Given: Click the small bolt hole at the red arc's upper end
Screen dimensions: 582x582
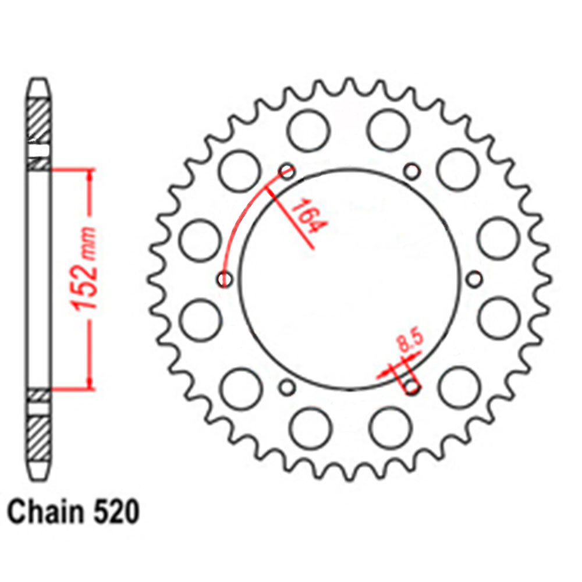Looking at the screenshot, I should tap(287, 171).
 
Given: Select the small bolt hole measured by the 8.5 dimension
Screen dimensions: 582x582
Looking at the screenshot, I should tap(412, 388).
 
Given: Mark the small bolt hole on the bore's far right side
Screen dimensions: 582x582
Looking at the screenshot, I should tap(475, 279).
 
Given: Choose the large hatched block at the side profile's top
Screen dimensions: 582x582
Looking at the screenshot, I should tap(40, 119).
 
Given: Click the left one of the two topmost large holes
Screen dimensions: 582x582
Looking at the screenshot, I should tap(308, 130).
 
